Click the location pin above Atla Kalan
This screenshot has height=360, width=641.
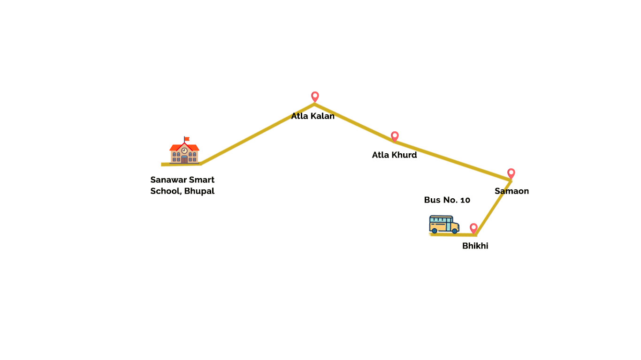coord(315,96)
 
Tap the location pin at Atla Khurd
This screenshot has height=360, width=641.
coord(395,136)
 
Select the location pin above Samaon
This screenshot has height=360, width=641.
coord(511,173)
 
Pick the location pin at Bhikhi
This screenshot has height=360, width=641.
coord(473,228)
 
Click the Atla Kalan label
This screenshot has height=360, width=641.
coord(313,116)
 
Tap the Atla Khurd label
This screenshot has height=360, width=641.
coord(394,155)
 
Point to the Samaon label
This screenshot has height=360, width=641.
coord(511,191)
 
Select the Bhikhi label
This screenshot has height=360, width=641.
coord(475,246)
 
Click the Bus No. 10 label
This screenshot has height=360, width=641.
coord(447,200)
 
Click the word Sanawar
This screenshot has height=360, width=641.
coord(168,180)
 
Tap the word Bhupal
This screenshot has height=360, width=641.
coord(199,191)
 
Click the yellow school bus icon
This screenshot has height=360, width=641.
coord(443,224)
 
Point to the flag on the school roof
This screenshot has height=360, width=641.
coord(187,139)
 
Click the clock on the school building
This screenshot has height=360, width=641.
coord(184,150)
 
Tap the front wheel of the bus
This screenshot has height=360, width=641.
coord(454,231)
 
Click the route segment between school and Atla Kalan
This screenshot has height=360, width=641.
coord(257,134)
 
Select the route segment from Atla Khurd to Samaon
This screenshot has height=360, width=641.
coord(453,160)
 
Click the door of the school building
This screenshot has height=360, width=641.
coord(184,159)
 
